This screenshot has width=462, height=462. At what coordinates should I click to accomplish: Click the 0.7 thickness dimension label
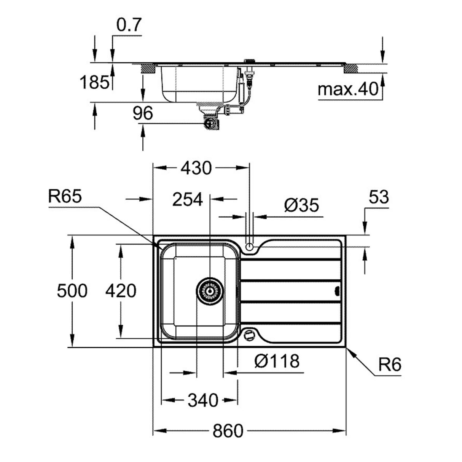pyautogui.click(x=129, y=25)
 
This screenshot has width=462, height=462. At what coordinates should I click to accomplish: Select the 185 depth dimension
pyautogui.click(x=94, y=82)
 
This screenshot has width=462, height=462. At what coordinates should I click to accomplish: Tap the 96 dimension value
pyautogui.click(x=143, y=113)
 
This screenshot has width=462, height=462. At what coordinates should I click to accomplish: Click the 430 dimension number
pyautogui.click(x=196, y=168)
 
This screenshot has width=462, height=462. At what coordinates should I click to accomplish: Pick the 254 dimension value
pyautogui.click(x=188, y=199)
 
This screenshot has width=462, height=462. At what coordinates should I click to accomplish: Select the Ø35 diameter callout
pyautogui.click(x=301, y=206)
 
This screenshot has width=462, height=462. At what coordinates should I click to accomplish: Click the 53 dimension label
pyautogui.click(x=379, y=197)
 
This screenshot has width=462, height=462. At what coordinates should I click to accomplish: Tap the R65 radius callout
pyautogui.click(x=65, y=197)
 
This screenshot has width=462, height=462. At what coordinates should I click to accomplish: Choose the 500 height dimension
pyautogui.click(x=72, y=291)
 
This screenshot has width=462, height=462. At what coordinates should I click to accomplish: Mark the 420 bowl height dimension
pyautogui.click(x=121, y=291)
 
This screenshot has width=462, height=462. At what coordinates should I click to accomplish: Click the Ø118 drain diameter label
pyautogui.click(x=277, y=361)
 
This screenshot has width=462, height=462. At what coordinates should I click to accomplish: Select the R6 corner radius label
pyautogui.click(x=390, y=365)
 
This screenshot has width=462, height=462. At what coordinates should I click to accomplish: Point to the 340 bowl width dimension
pyautogui.click(x=203, y=400)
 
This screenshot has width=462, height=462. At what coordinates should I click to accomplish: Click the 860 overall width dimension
pyautogui.click(x=228, y=431)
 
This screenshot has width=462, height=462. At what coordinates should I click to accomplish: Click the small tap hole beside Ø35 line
pyautogui.click(x=249, y=246)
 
